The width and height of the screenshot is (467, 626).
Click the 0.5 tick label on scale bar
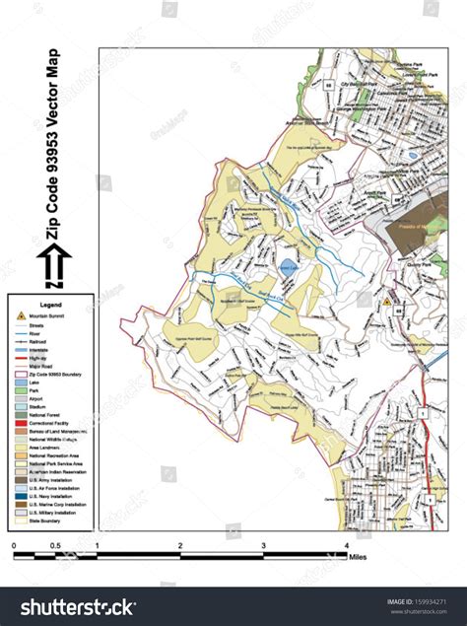[x=55, y=544]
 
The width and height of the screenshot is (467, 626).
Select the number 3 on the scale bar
[x=264, y=544]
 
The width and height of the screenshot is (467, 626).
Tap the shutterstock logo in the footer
[x=68, y=605]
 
